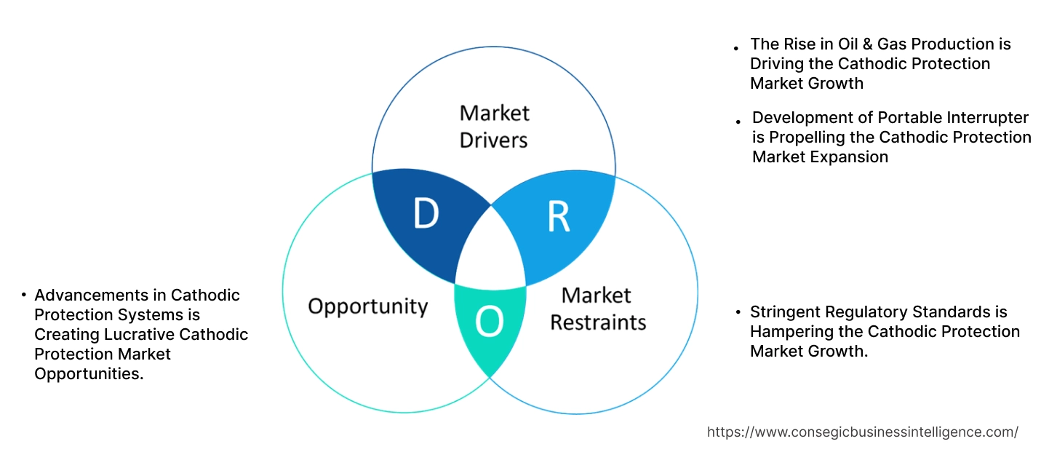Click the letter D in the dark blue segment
(x=426, y=213)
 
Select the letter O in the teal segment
(x=489, y=323)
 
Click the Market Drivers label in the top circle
(x=494, y=126)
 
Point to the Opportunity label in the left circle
(x=367, y=306)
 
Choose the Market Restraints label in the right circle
(x=597, y=309)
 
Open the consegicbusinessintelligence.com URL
(x=862, y=432)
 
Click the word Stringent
(x=785, y=312)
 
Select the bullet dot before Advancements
(x=23, y=296)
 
